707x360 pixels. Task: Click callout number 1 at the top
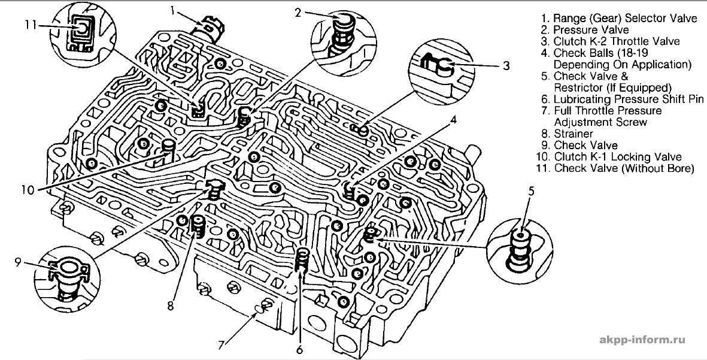172,10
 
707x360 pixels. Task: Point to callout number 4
453,119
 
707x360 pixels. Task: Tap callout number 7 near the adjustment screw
221,344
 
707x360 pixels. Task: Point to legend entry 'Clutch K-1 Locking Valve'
618,157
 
